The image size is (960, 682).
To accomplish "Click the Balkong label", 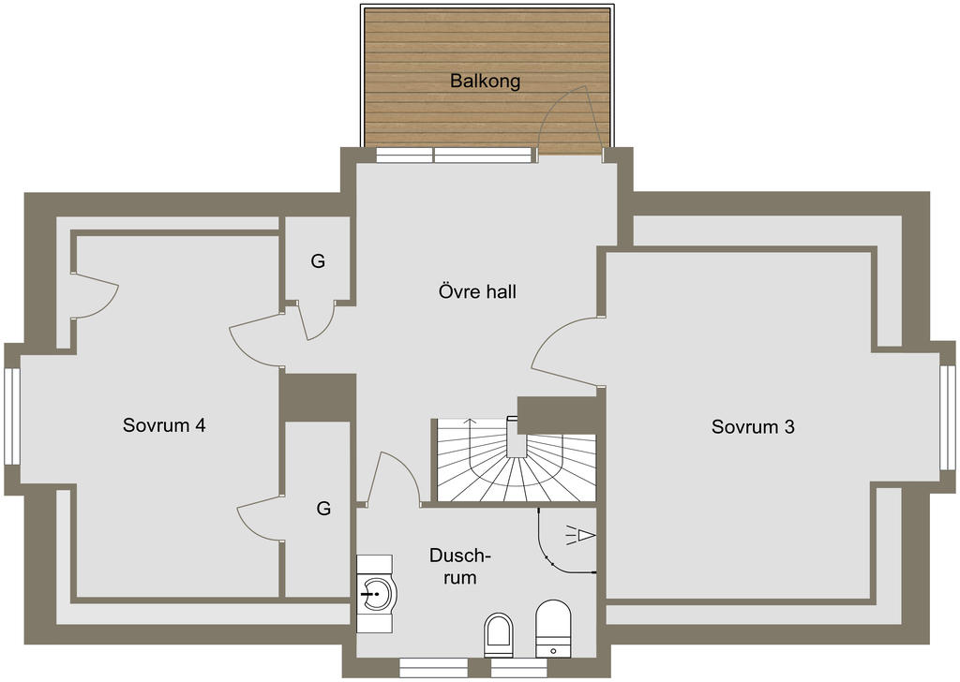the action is [485, 81].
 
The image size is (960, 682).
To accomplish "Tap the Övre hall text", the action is [477, 291].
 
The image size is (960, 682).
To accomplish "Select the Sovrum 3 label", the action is [753, 426].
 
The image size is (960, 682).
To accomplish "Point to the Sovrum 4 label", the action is [164, 425].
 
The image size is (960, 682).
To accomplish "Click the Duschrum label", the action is [460, 567].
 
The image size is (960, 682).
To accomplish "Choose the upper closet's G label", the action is [318, 261].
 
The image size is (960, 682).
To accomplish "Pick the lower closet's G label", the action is [323, 509].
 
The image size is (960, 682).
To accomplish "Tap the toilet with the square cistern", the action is [553, 629].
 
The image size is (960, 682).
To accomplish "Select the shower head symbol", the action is [580, 535].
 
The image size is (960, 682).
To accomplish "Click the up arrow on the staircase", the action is [470, 441].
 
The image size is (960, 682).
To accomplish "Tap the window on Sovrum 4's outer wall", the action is [11, 416].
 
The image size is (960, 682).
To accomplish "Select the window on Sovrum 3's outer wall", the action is [948, 417].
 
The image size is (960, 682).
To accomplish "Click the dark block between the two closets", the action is [317, 396].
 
